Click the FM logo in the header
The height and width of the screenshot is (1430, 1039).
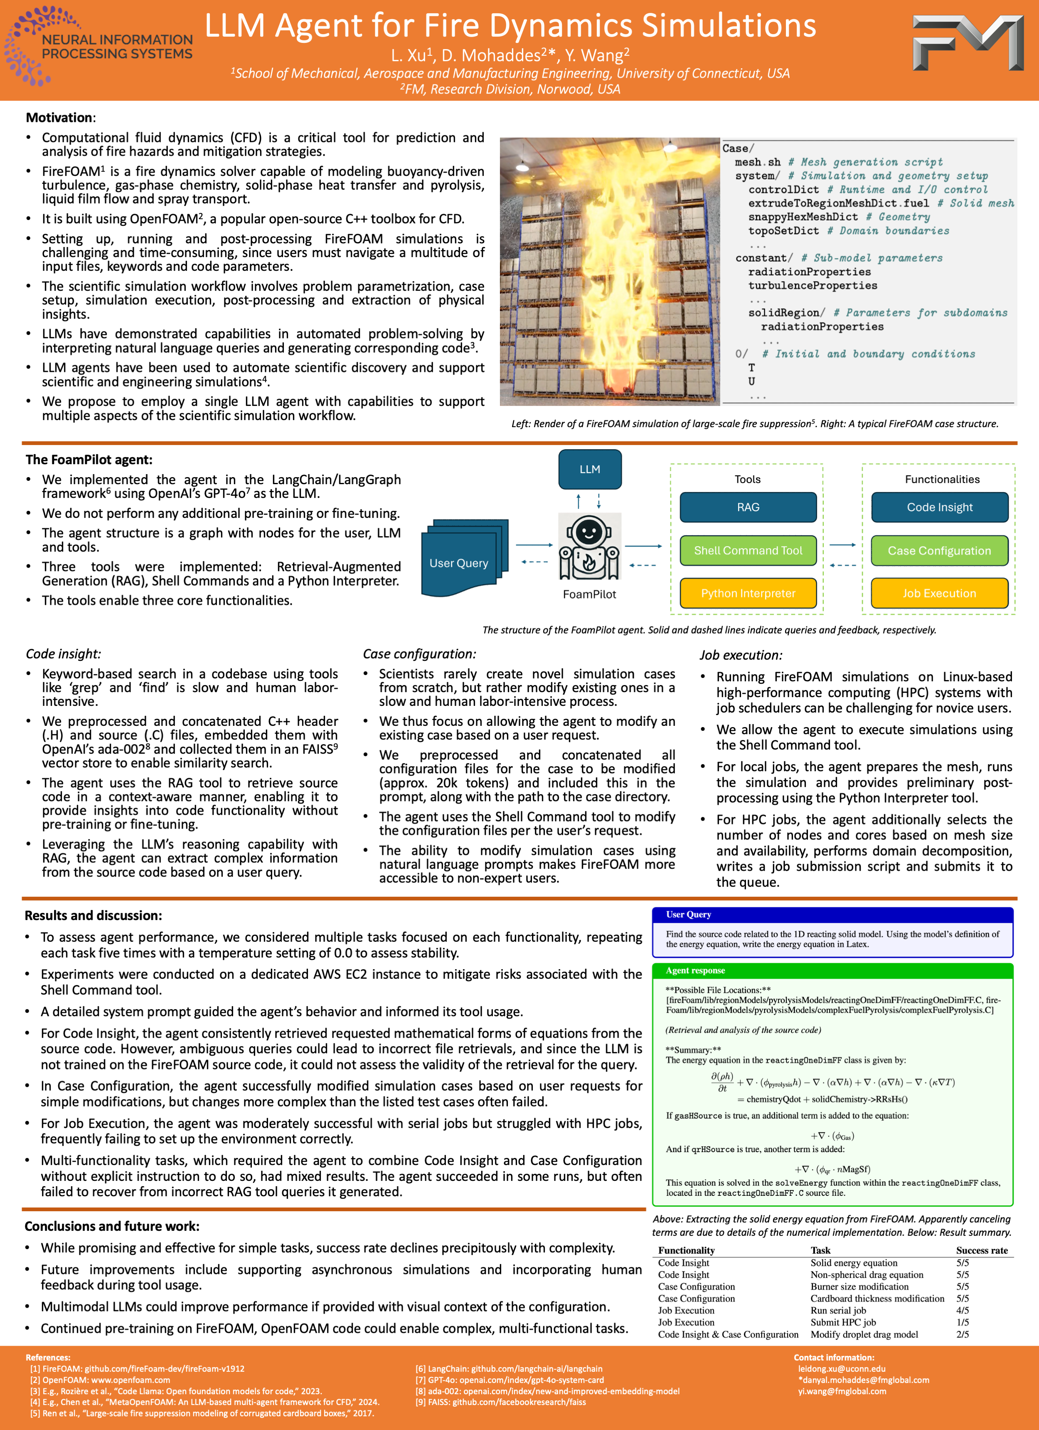coord(968,42)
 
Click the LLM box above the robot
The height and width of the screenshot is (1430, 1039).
coord(590,469)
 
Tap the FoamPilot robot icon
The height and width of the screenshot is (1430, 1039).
coord(590,546)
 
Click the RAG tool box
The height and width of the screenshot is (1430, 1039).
coord(748,507)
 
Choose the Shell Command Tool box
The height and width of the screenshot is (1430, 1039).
coord(748,550)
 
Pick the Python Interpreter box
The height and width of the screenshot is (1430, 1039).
coord(748,593)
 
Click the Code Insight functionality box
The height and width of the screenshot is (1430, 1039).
coord(939,507)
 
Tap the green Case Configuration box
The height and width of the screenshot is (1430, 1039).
coord(939,550)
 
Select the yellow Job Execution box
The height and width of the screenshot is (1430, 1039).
coord(939,593)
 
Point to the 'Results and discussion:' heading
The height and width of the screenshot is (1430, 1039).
coord(93,915)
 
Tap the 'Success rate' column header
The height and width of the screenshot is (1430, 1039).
coord(982,1250)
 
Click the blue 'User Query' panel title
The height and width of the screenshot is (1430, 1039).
coord(688,914)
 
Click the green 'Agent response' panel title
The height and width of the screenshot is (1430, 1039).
coord(695,970)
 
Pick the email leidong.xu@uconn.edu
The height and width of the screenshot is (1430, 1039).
coord(841,1369)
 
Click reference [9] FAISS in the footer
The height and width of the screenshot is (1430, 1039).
coord(500,1402)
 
